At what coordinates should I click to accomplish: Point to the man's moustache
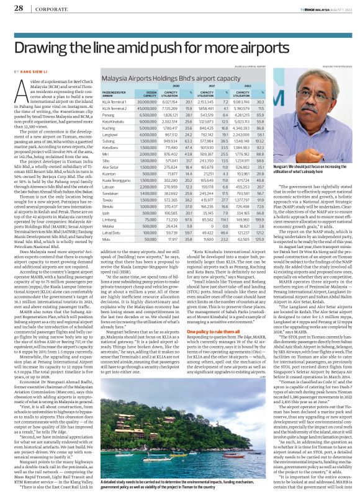point(308,110)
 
